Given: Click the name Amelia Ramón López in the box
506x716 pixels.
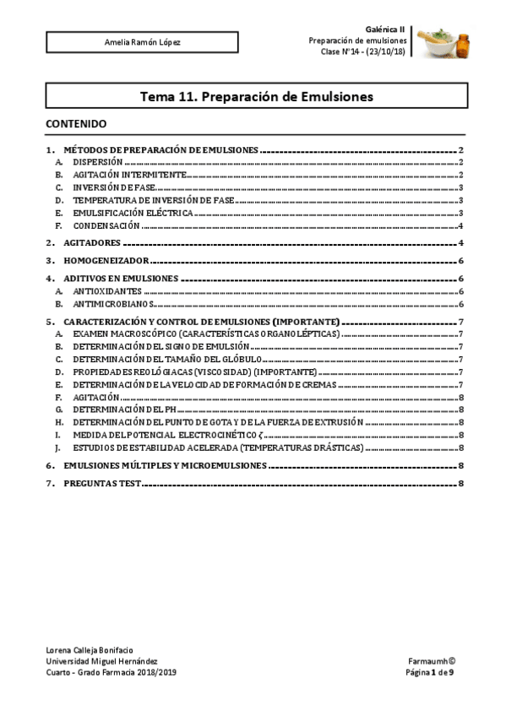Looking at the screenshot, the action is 142,41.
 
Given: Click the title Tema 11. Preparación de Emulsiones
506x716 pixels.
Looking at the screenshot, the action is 256,96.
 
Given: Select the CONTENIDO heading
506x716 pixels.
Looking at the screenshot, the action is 76,123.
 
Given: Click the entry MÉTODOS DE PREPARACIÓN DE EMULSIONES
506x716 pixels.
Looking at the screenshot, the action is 161,149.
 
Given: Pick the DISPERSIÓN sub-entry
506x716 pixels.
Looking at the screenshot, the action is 98,160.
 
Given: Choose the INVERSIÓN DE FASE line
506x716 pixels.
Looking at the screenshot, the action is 114,187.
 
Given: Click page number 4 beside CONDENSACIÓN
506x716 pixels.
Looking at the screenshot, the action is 460,226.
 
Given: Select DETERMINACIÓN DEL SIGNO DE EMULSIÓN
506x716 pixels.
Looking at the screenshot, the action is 161,346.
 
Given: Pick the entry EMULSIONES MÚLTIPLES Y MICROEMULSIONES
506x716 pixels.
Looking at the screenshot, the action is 166,464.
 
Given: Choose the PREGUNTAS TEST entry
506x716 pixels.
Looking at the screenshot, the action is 102,483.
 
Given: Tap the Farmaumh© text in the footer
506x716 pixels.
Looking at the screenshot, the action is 432,661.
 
